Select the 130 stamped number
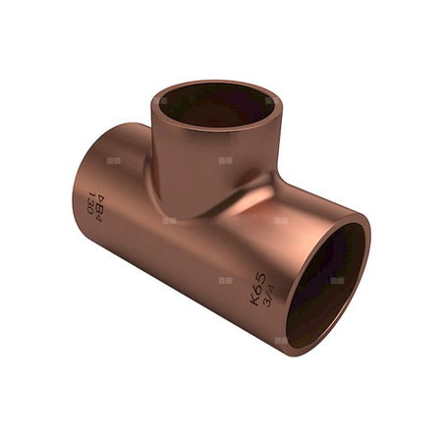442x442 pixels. (x=91, y=203)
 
